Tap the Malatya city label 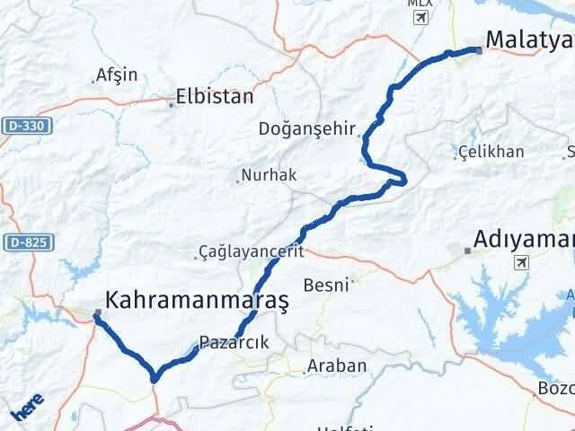click(528, 39)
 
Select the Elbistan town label click(215, 97)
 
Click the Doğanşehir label click(307, 128)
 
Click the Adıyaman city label click(524, 240)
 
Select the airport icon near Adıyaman click(521, 263)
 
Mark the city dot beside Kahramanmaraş click(97, 312)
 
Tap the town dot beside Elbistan click(171, 105)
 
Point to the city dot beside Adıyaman click(466, 252)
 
